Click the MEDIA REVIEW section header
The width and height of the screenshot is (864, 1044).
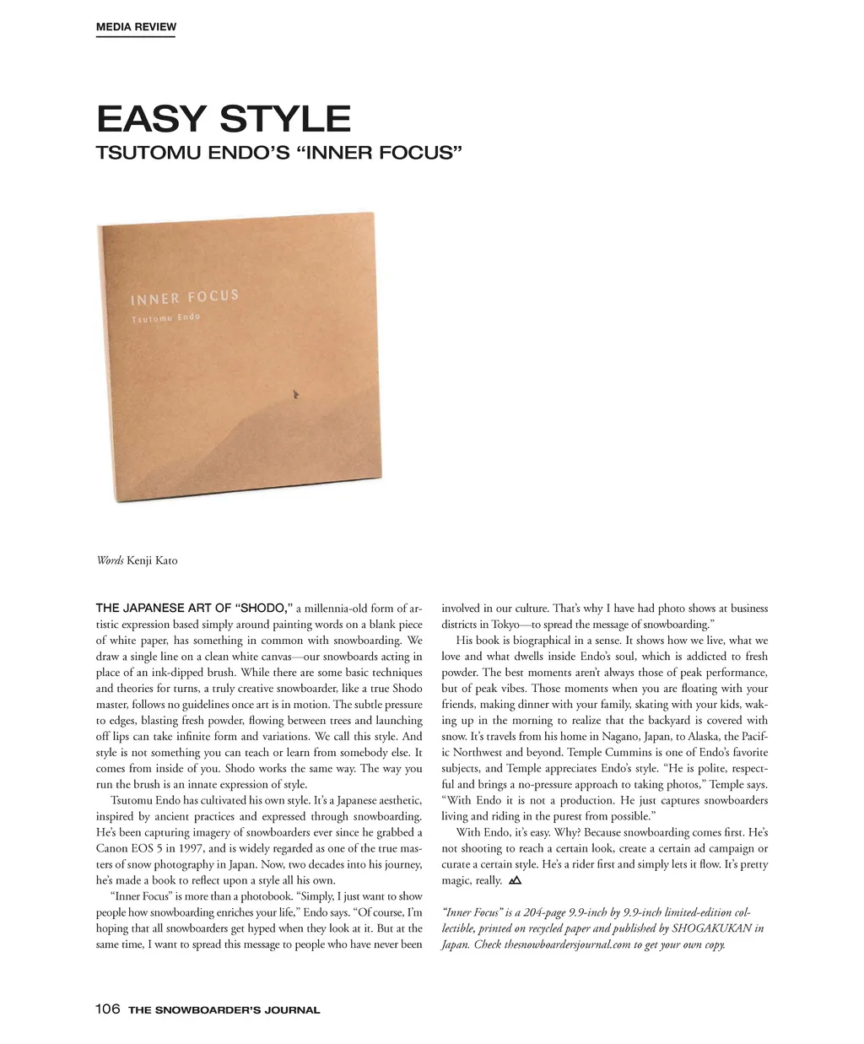136,27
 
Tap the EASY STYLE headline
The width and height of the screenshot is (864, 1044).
224,119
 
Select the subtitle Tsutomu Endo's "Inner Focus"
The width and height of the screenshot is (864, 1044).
279,154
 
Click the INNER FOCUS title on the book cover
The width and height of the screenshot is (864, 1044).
184,297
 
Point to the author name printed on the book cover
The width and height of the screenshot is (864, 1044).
165,318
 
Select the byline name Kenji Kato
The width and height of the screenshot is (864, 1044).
152,560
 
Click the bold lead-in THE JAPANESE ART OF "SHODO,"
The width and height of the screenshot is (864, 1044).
194,609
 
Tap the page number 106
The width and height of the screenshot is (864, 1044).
108,1009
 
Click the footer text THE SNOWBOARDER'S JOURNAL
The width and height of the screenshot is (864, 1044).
224,1010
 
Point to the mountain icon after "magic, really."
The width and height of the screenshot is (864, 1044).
516,880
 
